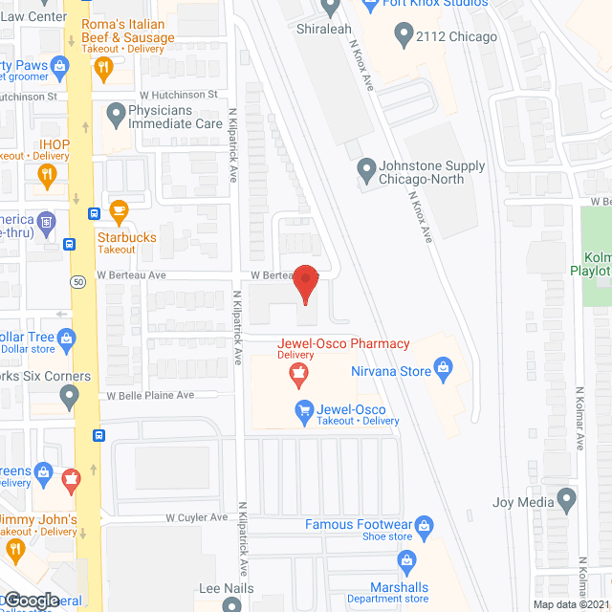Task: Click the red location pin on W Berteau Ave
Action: click(304, 283)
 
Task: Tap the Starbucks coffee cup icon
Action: click(119, 209)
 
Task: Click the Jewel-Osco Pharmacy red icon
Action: click(300, 375)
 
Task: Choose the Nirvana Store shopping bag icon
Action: click(443, 366)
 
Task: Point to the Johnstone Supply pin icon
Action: click(365, 172)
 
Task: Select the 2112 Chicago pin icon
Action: click(403, 36)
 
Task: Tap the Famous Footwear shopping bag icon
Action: click(426, 524)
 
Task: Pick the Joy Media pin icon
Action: click(567, 498)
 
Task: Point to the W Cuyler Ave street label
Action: click(196, 517)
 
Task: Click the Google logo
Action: click(31, 600)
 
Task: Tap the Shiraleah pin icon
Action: click(331, 8)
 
